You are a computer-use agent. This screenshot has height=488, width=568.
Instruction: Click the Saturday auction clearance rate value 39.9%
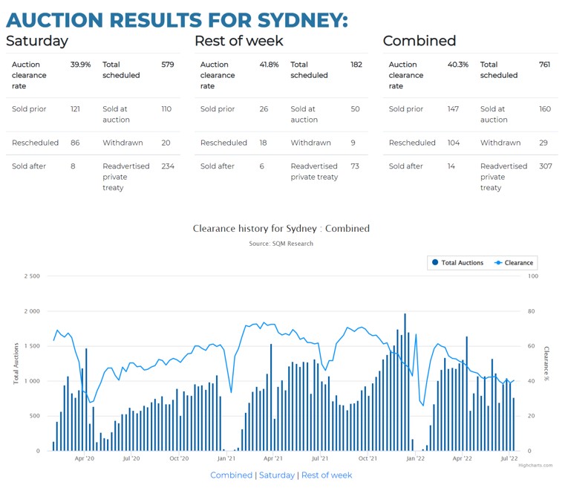point(80,65)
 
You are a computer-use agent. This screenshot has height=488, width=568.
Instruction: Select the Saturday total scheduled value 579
point(168,65)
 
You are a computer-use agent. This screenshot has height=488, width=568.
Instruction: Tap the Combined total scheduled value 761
point(545,65)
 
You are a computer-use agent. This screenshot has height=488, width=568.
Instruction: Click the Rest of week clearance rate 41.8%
point(269,65)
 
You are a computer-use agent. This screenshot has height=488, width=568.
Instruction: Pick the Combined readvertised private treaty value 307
point(546,166)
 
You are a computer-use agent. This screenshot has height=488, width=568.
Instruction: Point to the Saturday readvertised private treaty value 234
point(168,166)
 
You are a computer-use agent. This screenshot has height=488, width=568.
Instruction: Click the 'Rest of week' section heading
point(238,41)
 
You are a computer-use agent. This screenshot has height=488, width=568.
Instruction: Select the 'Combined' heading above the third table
point(420,41)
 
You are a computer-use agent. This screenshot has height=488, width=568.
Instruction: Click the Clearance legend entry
point(514,262)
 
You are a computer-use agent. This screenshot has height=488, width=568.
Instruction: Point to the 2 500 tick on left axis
point(32,276)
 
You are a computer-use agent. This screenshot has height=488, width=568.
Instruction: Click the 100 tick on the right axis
point(532,276)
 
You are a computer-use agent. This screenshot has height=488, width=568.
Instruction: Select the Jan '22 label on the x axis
point(415,459)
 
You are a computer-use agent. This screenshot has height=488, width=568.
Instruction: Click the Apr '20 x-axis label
point(85,459)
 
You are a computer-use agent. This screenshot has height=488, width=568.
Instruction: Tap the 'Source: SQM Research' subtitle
point(281,244)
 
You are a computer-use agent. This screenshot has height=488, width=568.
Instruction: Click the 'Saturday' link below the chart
point(276,475)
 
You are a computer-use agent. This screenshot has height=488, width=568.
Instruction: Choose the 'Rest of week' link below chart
point(327,475)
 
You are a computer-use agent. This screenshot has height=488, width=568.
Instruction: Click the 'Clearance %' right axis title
point(546,363)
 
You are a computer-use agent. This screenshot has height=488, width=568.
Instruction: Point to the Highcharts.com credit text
point(535,466)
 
